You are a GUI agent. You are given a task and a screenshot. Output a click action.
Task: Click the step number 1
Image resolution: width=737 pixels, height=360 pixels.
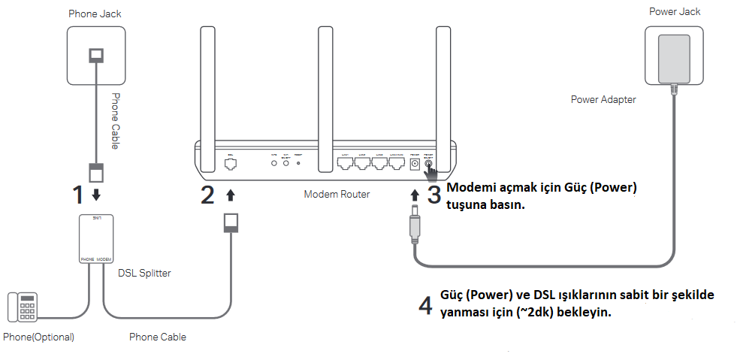[77, 195]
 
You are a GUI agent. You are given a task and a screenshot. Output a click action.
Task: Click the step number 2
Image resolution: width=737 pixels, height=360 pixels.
[207, 195]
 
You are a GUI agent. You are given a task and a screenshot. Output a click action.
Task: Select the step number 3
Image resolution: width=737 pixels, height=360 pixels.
[434, 194]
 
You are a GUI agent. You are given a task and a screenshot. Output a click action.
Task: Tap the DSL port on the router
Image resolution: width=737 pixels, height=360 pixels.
[231, 162]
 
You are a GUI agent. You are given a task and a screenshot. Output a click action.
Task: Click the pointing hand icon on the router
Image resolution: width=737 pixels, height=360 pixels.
[433, 171]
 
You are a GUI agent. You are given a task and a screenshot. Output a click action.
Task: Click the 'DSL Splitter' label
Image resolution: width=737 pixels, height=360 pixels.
[144, 273]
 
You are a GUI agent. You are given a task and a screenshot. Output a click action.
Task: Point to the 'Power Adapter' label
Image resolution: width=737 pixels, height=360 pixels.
[603, 98]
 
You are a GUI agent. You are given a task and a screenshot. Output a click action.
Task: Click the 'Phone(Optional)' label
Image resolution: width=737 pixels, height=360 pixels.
[38, 337]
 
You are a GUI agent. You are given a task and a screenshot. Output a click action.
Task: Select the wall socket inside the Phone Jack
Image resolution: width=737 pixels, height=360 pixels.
[96, 55]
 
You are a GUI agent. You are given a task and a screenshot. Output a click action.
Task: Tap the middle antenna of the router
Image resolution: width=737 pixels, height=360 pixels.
[325, 83]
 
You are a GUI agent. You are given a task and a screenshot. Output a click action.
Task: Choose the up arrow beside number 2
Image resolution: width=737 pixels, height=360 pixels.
[231, 195]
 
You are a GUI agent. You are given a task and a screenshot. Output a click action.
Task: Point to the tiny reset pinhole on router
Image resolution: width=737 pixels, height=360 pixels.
[299, 162]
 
